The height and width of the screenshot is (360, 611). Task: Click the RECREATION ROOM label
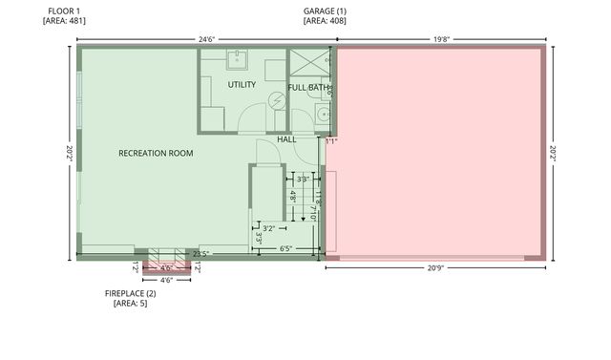156,153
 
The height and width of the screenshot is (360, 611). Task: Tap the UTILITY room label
242,85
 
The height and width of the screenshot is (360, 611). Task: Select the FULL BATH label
307,88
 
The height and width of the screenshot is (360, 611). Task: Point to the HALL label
286,139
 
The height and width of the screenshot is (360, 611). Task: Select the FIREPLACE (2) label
130,293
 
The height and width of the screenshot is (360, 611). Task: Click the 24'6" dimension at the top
206,40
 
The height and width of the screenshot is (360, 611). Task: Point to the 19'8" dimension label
440,40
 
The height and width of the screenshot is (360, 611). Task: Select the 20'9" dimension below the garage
435,268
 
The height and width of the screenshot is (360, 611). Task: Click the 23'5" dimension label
200,253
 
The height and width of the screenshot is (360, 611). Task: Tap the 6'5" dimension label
286,248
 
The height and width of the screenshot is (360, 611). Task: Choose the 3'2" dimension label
269,228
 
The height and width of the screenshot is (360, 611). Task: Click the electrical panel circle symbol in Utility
277,99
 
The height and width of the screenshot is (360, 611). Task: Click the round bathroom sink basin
324,114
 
